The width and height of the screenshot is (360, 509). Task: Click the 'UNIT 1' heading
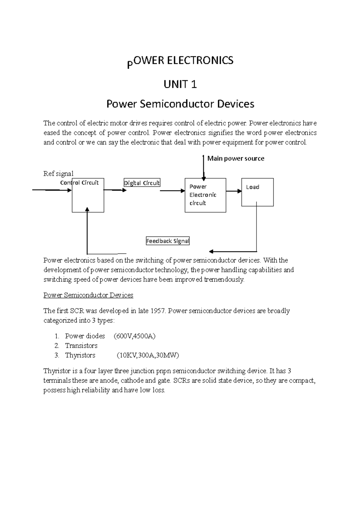180,85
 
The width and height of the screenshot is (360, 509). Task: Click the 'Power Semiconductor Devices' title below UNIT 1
180,104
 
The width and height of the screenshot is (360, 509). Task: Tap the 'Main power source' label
235,159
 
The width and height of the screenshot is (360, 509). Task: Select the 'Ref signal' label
58,174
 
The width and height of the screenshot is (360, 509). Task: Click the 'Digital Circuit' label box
142,183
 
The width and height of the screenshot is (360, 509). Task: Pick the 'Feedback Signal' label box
167,241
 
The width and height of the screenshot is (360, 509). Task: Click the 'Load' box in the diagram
257,192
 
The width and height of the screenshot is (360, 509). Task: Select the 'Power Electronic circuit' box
205,195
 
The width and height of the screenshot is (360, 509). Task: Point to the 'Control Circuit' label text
79,183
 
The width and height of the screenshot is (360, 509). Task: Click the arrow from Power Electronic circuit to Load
234,191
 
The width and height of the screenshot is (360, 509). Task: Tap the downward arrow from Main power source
204,168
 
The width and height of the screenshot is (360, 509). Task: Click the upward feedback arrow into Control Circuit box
87,231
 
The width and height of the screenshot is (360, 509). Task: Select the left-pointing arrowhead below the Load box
211,251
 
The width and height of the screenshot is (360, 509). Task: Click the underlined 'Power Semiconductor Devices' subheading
88,295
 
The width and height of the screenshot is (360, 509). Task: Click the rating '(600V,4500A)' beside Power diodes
134,336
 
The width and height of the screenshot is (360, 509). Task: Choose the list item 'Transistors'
81,346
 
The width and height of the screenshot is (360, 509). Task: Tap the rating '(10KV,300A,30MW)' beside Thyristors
148,356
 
